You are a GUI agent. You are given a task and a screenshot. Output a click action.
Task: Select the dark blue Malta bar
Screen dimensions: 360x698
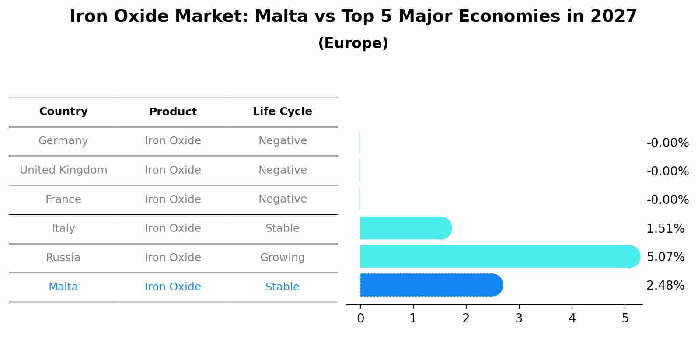pos(431,285)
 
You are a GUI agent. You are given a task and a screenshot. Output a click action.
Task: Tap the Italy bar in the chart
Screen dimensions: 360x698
pos(405,228)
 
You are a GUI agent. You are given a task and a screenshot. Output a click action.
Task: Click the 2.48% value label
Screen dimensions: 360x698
pos(665,286)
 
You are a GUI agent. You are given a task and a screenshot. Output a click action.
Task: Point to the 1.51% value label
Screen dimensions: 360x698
pos(665,228)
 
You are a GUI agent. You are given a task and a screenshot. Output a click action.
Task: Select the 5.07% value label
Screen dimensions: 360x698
pos(665,257)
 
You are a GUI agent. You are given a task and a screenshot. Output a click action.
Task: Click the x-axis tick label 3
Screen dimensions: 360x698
pos(519,318)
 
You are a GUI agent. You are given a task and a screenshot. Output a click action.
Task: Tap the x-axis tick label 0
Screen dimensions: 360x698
pos(360,318)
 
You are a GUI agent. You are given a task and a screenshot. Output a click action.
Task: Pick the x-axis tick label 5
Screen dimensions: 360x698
pos(625,318)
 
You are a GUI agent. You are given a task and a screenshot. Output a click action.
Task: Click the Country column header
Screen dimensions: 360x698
pos(63,112)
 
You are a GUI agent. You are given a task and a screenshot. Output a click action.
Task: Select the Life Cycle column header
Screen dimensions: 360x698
pos(283,112)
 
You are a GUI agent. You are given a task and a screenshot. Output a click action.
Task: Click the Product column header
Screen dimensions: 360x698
pos(173,112)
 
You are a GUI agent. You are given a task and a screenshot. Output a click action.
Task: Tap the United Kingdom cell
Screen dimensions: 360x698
pos(63,170)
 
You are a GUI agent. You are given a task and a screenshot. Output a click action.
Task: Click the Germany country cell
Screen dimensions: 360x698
pos(63,141)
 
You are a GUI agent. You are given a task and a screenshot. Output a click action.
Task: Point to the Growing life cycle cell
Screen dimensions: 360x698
pos(283,258)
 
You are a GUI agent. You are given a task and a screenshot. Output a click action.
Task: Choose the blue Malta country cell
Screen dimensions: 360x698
pos(63,287)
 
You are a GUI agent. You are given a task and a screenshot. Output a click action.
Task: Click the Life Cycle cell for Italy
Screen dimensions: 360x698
pos(283,228)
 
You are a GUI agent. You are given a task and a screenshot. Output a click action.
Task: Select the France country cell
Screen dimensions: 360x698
pos(63,199)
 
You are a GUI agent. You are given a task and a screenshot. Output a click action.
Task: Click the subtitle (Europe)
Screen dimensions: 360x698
pos(353,43)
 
